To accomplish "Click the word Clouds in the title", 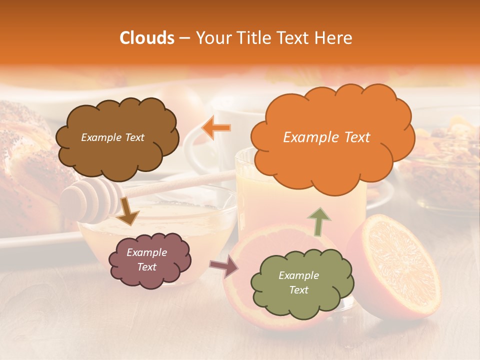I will coord(147,38).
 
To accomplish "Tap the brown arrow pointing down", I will coord(128,212).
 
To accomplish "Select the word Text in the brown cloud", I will coord(133,137).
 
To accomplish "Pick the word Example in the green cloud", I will coord(298,275).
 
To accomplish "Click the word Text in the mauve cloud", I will coord(146,267).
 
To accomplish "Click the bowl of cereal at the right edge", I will coord(450,160).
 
